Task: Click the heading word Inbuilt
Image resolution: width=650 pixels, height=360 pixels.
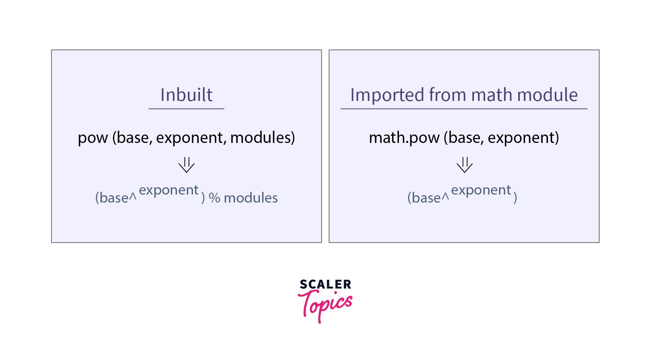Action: pos(186,95)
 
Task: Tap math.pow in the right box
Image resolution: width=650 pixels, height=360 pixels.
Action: pos(404,138)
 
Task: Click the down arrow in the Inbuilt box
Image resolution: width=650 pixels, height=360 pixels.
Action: pos(186,165)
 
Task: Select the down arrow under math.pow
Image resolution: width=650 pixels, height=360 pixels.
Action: pos(464,165)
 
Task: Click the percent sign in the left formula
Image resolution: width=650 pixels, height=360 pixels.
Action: pos(214,198)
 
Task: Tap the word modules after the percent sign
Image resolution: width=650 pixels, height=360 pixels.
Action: pos(251,198)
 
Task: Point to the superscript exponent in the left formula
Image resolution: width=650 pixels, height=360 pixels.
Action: pos(169,190)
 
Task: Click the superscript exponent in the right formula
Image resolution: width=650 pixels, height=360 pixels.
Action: pos(481,190)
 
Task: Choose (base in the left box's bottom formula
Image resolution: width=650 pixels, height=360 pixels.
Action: pos(112,198)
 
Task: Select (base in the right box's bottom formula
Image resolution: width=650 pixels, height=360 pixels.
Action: pos(424,198)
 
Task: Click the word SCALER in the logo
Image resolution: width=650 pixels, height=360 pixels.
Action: pos(325,284)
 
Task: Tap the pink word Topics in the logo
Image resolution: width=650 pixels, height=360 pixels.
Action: pos(325,304)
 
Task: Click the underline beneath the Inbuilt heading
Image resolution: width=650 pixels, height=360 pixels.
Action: pos(186,109)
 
